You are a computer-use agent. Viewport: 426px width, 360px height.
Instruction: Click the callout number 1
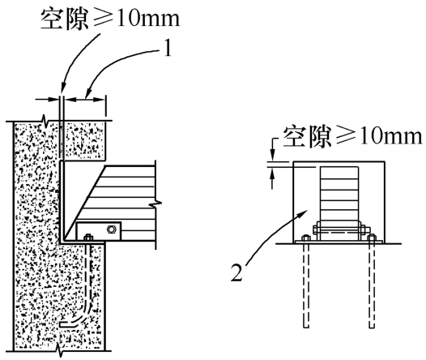168,48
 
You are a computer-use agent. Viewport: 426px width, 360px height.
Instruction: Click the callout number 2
237,272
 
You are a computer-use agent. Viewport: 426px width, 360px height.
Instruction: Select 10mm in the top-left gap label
148,19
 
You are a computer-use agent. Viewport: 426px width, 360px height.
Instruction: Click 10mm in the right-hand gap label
390,135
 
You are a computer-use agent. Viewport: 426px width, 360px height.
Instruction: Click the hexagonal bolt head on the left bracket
111,229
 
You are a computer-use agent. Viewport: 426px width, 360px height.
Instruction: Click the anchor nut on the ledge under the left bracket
88,238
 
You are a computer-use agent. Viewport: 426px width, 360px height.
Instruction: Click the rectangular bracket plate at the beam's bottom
98,231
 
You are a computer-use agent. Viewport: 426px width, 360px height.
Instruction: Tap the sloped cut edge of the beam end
84,203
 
